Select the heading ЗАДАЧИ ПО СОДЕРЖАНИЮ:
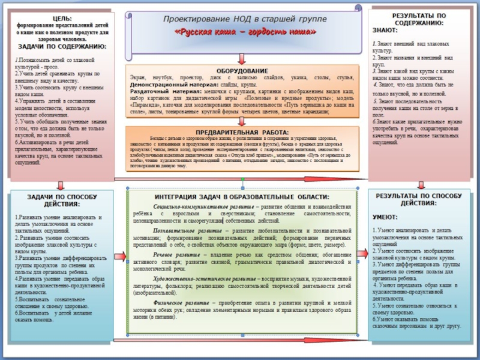(x=62, y=46)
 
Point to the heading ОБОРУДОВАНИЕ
(x=242, y=71)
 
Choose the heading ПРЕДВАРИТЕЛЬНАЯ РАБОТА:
(x=242, y=131)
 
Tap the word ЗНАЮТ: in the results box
(x=385, y=30)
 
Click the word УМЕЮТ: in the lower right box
(x=385, y=217)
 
